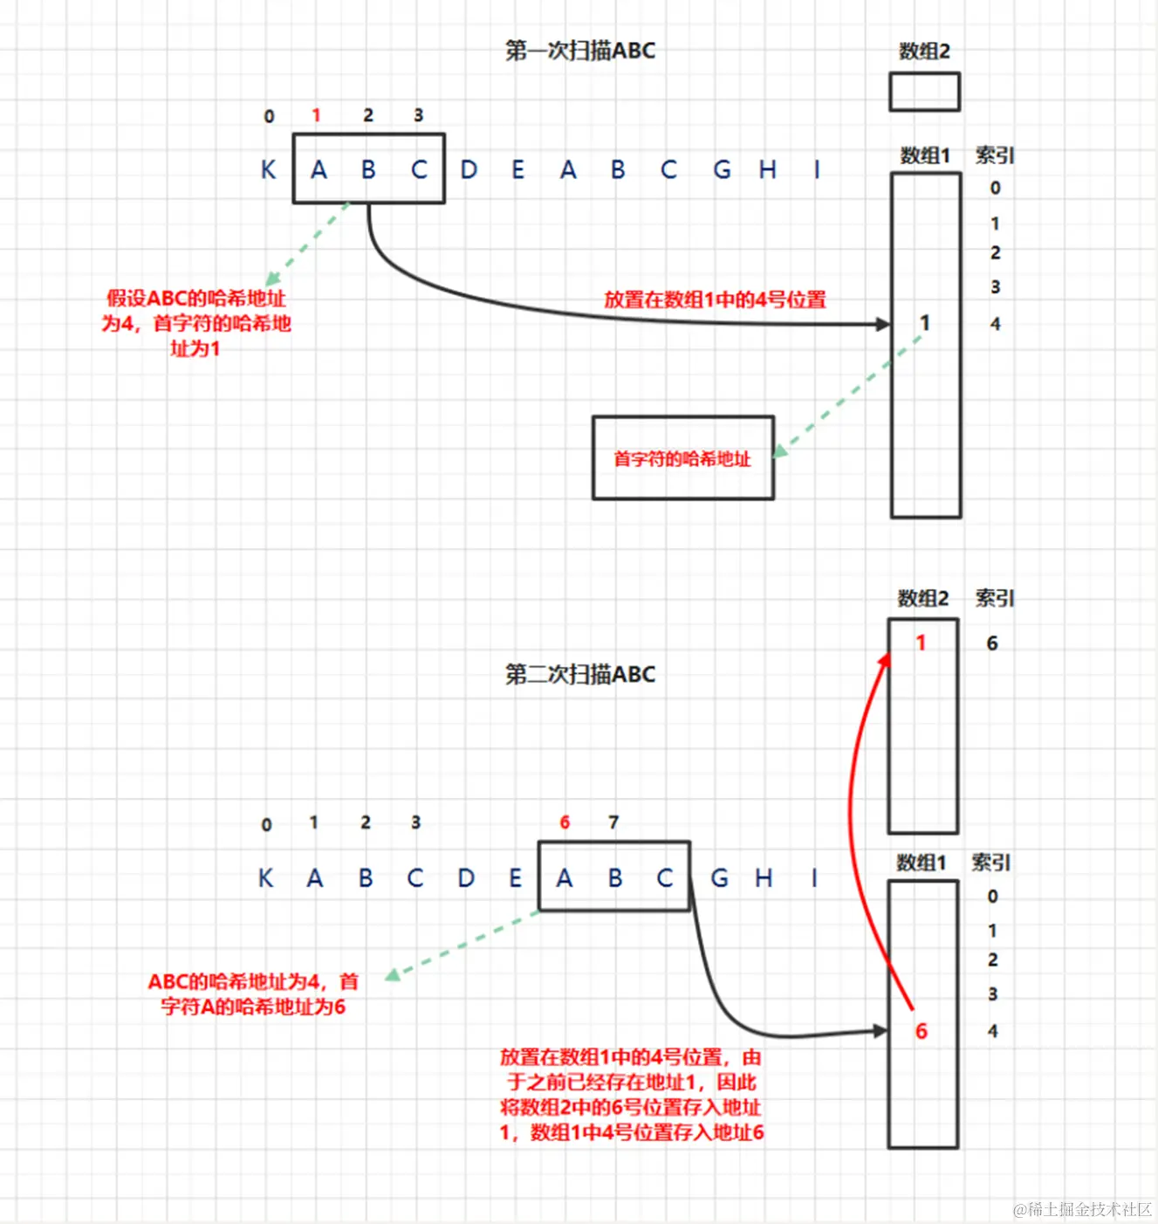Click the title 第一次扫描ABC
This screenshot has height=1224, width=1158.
point(580,51)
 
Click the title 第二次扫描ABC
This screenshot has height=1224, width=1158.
point(580,674)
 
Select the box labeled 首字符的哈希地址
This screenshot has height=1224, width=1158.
point(682,458)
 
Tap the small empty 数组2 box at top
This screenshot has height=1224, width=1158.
point(924,92)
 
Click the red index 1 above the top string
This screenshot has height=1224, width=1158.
point(317,115)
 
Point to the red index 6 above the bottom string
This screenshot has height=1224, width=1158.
point(565,822)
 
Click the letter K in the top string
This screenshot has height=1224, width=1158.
point(269,169)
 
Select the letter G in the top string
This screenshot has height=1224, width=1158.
point(722,169)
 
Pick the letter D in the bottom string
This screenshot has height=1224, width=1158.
point(466,877)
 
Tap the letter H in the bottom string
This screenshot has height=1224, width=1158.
point(764,877)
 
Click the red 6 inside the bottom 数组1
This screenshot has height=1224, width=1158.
point(921,1031)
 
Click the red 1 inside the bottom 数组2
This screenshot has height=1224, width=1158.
point(921,643)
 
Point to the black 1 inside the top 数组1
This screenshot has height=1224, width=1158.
point(925,323)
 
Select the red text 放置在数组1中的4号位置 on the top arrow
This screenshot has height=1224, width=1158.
point(715,299)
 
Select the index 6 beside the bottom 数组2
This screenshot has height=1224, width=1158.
point(992,643)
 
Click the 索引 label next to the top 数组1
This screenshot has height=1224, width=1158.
point(994,155)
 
